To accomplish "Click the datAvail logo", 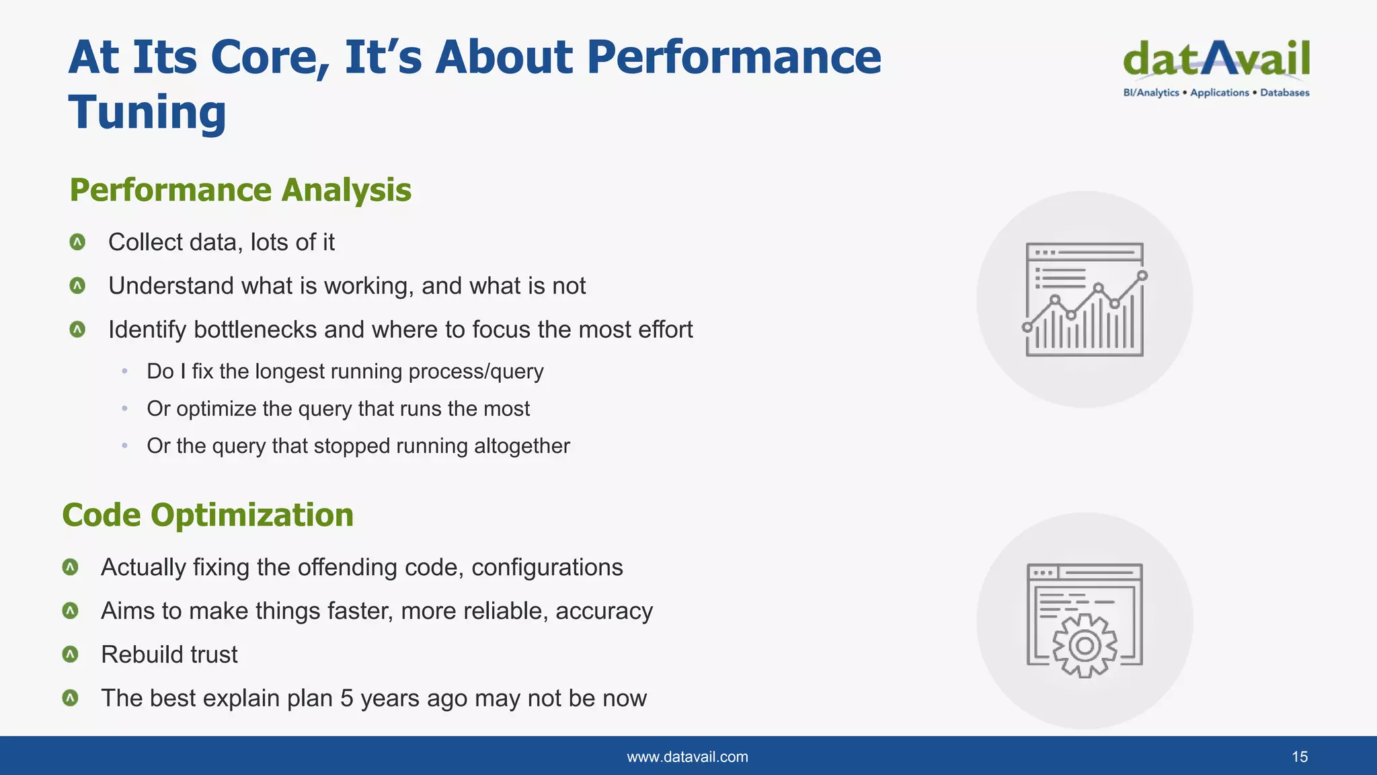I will [1216, 59].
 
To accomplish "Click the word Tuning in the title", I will [147, 112].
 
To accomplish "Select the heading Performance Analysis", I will [240, 190].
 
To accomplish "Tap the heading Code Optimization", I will [208, 515].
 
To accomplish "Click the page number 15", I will [1299, 757].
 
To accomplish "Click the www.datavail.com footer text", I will [687, 757].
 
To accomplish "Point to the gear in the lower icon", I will [1084, 646].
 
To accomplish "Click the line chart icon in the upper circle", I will [1084, 299].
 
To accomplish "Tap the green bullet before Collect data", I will [77, 242].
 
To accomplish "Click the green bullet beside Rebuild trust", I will [70, 655].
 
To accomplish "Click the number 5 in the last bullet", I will [346, 698].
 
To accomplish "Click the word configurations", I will [547, 567].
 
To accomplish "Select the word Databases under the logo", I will [1284, 93].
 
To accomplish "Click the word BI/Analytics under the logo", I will [1150, 93].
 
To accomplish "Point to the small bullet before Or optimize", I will [124, 409].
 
